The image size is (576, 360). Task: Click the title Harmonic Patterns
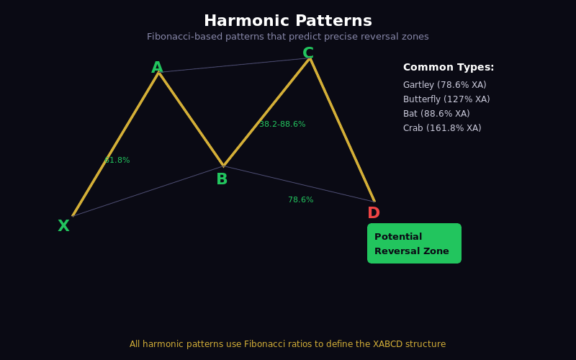pos(288,21)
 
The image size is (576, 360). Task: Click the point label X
pos(63,226)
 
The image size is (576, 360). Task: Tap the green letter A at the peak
pos(157,68)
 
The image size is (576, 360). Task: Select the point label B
pos(222,179)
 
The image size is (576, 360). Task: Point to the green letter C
pos(308,53)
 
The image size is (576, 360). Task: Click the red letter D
pos(374,213)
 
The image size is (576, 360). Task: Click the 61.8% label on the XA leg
pos(117,161)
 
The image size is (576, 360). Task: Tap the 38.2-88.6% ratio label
pos(282,125)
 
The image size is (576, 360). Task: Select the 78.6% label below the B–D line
pos(301,200)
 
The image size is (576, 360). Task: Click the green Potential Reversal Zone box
pos(414,243)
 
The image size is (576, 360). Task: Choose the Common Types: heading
pos(449,68)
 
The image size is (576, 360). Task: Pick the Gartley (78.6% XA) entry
pos(444,85)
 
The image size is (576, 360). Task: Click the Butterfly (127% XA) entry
pos(446,99)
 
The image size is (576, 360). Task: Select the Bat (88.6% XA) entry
pos(436,114)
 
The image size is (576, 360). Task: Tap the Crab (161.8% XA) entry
pos(442,128)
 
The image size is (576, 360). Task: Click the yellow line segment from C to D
pos(342,130)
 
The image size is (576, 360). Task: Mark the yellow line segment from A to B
pos(191,119)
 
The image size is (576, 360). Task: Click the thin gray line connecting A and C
pos(234,66)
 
